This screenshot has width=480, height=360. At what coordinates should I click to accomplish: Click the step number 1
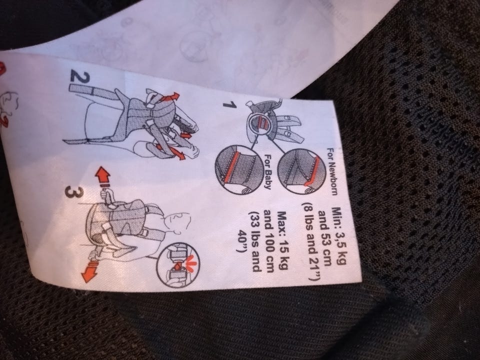(x=230, y=104)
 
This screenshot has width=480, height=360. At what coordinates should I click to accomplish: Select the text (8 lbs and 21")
(x=310, y=241)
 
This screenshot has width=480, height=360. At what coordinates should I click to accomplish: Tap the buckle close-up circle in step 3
(x=178, y=264)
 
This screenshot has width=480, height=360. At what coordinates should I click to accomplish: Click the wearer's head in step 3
(x=178, y=221)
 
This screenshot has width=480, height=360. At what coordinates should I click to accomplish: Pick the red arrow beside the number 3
(x=103, y=177)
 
